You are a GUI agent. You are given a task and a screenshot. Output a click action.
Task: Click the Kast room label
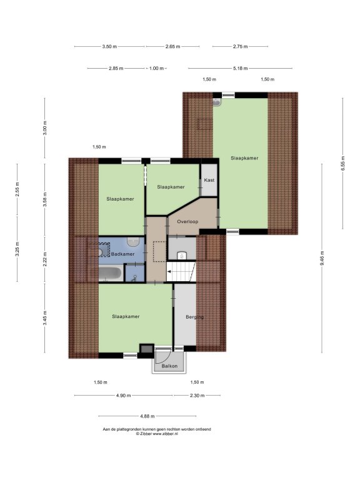tap(209, 180)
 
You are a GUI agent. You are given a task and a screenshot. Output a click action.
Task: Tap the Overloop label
tap(187, 221)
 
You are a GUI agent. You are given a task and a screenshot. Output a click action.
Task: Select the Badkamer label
tap(122, 254)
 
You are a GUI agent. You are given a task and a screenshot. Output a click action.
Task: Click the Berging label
tap(195, 317)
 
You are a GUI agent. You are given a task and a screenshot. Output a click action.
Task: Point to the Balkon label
tap(169, 366)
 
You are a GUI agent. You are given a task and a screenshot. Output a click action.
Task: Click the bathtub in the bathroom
tap(111, 274)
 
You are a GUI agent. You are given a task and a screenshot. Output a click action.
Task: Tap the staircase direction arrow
tap(169, 271)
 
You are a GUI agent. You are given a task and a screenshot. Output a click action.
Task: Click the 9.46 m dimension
tap(322, 258)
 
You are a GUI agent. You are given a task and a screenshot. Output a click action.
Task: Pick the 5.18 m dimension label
tap(240, 68)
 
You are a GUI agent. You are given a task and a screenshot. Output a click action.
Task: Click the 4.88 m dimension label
tap(147, 416)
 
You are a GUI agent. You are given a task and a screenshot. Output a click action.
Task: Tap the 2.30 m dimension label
tap(197, 396)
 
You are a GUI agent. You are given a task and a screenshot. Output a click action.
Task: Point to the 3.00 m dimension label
tap(45, 128)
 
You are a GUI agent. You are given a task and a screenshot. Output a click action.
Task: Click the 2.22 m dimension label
tap(45, 259)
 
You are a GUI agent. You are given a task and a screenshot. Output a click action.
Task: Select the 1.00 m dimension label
tap(156, 68)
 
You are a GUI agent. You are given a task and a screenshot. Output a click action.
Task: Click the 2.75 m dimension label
tap(240, 46)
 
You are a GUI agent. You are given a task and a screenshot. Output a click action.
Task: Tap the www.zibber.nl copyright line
tap(157, 434)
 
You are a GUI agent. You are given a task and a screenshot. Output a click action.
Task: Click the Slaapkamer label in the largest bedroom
tap(244, 158)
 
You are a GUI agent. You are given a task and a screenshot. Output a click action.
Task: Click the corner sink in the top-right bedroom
tap(217, 102)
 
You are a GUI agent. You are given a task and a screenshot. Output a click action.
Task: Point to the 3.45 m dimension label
tap(45, 318)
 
